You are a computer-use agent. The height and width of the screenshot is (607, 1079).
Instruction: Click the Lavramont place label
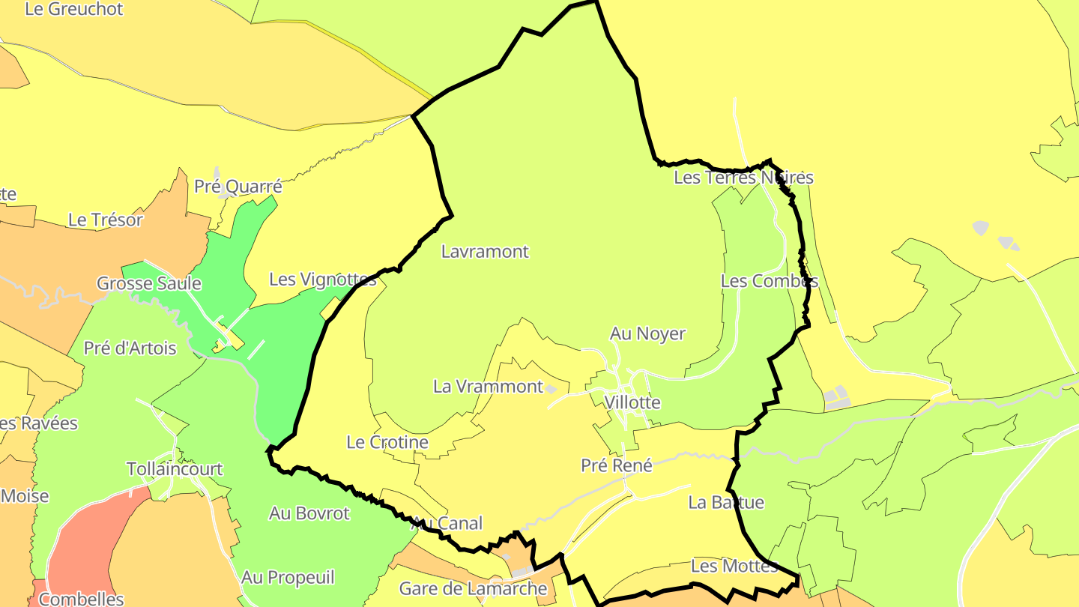pos(485,252)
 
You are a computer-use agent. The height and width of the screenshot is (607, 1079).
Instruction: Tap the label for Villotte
pos(632,402)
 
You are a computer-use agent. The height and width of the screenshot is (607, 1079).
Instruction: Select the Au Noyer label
pos(647,333)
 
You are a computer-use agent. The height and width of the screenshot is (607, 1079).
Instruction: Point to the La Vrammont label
pos(488,387)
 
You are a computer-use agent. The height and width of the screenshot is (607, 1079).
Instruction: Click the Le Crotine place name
pos(387,442)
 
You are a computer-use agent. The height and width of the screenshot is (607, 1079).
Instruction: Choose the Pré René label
pos(617,465)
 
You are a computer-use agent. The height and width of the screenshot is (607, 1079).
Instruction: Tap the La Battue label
pos(726,502)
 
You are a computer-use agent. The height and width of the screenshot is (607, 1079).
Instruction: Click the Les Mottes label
pos(734,566)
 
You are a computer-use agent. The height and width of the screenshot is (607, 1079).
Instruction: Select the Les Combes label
pos(769,281)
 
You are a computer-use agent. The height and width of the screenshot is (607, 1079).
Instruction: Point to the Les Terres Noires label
pos(743,178)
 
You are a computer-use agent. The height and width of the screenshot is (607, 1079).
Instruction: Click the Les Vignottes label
pos(322,280)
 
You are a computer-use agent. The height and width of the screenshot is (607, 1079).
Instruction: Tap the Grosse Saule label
pos(149,283)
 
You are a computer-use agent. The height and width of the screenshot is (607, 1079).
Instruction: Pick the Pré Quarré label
pos(238,187)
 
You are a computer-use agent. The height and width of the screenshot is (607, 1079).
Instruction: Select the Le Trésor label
pos(105,220)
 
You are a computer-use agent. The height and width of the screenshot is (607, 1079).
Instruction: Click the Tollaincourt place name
pos(175,469)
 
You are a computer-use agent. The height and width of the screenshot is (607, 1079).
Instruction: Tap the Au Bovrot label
pos(309,513)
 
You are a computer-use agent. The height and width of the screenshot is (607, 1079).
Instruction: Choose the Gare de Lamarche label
pos(474,588)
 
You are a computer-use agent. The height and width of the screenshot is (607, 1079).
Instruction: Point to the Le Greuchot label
pos(73,10)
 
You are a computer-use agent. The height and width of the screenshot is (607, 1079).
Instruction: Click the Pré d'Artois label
pos(130,348)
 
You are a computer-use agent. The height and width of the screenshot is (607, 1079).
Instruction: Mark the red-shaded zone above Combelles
pos(90,540)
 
